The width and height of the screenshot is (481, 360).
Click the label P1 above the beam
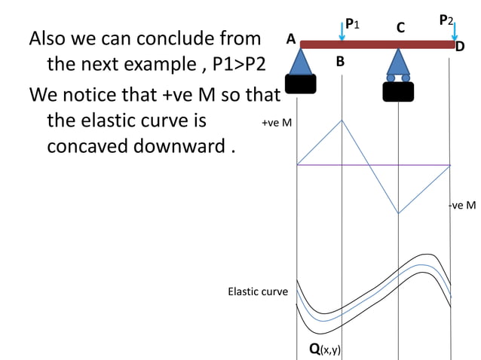[x=352, y=24]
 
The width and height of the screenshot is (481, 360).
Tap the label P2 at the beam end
[x=446, y=20]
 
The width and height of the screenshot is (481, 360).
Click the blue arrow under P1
[x=343, y=32]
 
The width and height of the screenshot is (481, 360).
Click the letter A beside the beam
[x=290, y=39]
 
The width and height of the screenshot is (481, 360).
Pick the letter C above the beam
[x=400, y=28]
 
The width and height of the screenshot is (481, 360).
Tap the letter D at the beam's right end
[x=459, y=47]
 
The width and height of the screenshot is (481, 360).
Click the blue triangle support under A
[x=301, y=62]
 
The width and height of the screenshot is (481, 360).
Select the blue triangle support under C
[x=397, y=63]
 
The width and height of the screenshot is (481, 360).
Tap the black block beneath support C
[x=397, y=92]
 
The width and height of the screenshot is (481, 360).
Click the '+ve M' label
[x=276, y=123]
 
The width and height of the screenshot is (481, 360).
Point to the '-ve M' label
[x=462, y=205]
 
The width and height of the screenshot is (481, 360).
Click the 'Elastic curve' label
[x=257, y=291]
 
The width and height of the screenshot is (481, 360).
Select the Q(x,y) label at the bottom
[x=325, y=349]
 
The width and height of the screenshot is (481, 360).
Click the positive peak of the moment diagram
[x=343, y=121]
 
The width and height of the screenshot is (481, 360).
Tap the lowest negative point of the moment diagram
[x=398, y=213]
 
